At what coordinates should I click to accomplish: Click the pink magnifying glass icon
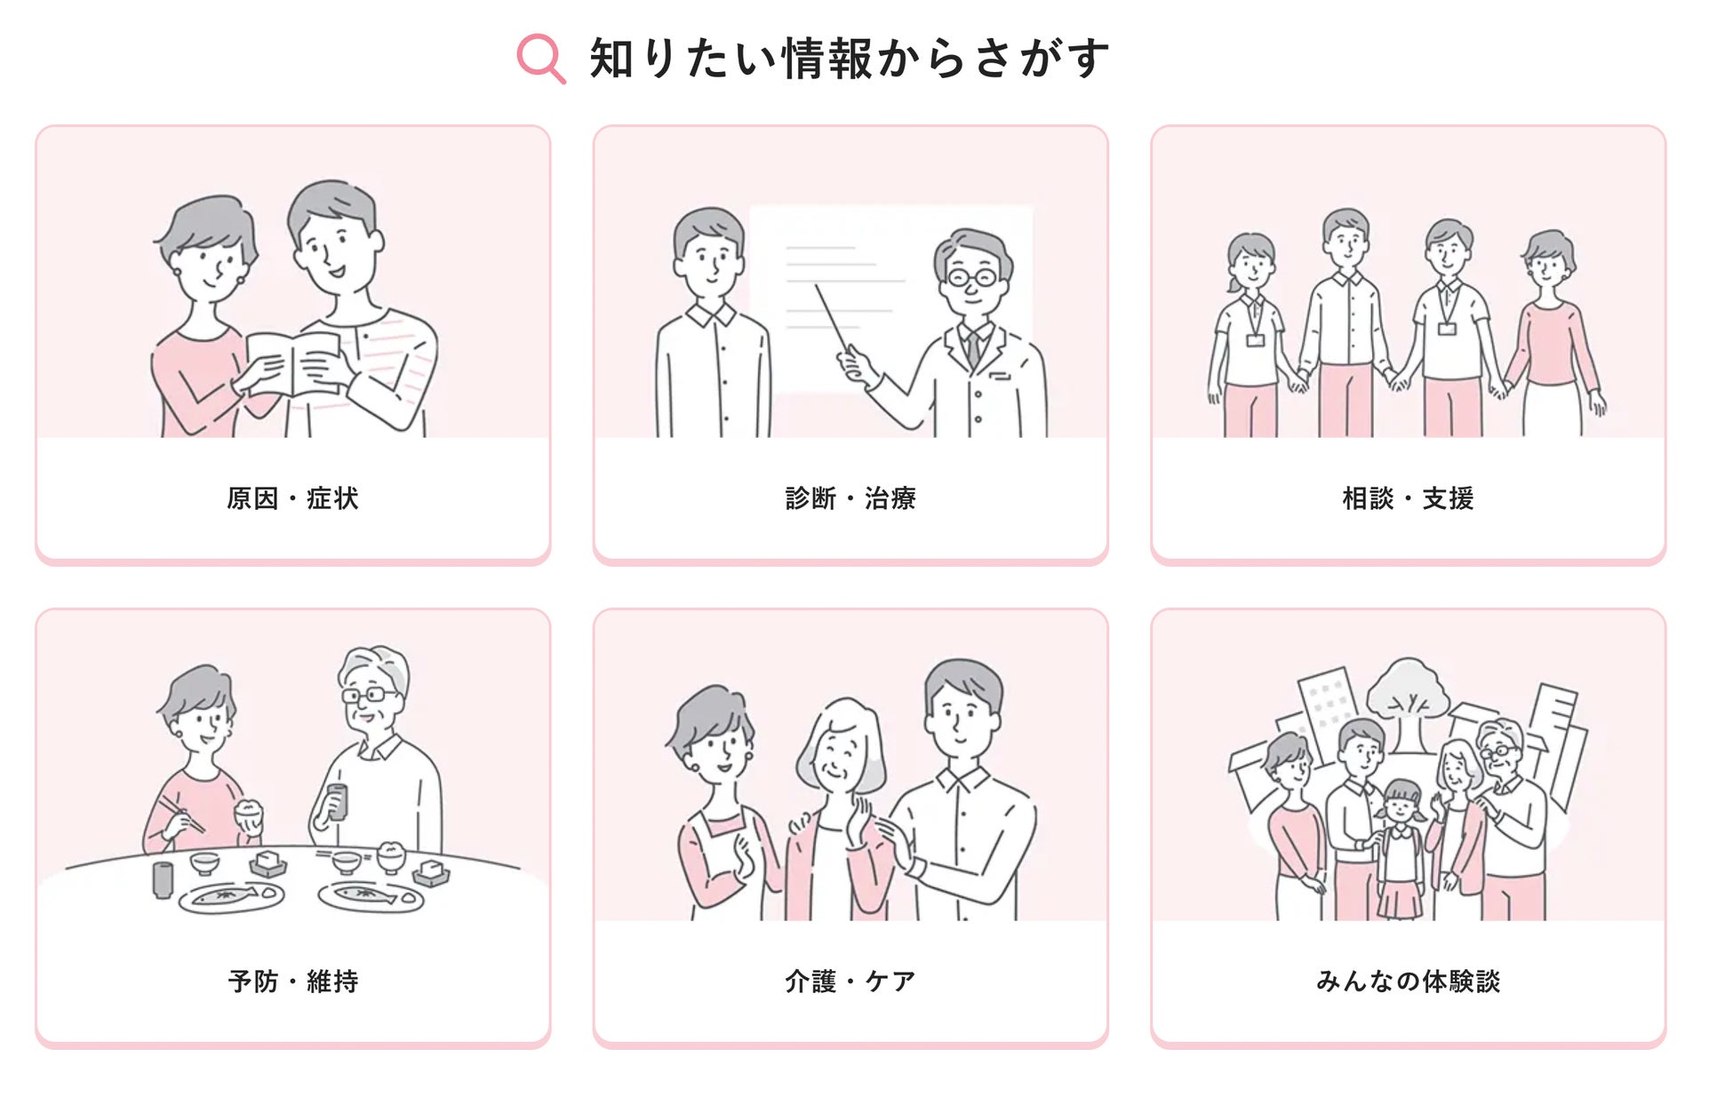[x=539, y=58]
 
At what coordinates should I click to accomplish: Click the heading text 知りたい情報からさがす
[x=849, y=59]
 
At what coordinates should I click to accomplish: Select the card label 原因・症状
[x=292, y=498]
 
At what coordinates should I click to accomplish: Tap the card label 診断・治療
[x=850, y=498]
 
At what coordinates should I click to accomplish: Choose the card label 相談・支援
[x=1408, y=498]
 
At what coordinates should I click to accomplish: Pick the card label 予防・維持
[x=292, y=982]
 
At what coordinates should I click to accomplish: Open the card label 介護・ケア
[x=850, y=982]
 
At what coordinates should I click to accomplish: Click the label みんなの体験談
[x=1408, y=982]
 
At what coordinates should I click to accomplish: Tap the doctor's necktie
[x=973, y=347]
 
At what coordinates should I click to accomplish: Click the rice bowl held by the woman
[x=248, y=814]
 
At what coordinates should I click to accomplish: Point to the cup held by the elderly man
[x=336, y=800]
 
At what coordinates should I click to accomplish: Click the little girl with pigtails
[x=1401, y=844]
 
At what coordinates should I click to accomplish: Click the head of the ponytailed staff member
[x=1250, y=258]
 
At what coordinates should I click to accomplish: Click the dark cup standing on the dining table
[x=162, y=878]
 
